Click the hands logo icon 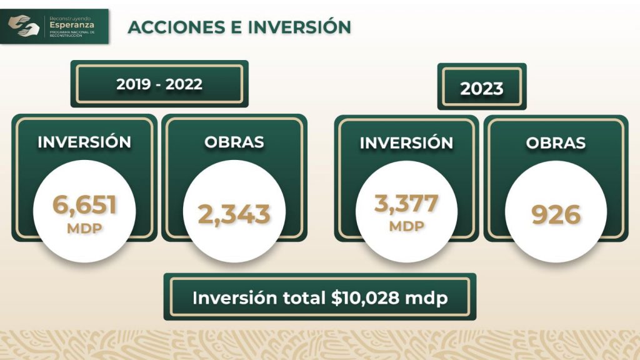(24, 26)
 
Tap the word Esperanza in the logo (72, 25)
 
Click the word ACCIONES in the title (176, 27)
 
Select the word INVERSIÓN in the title (299, 27)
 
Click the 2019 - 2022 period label (159, 84)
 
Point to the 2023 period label (482, 89)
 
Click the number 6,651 (84, 204)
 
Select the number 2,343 (234, 214)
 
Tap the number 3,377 (406, 203)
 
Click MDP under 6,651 (84, 228)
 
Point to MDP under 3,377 (406, 226)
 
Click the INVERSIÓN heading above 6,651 (84, 142)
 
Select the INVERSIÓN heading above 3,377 (406, 143)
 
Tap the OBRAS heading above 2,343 (234, 142)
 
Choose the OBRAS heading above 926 (556, 143)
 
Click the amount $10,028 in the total (365, 298)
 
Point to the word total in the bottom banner (304, 298)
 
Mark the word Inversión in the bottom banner (235, 298)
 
